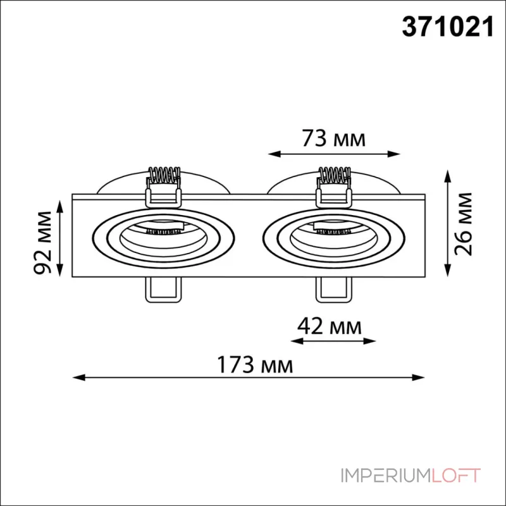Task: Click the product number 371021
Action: tap(448, 27)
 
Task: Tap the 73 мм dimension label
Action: tap(334, 139)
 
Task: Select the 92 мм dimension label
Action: tap(43, 243)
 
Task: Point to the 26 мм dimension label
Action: tap(463, 224)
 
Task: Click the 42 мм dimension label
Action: tap(329, 326)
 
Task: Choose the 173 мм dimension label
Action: tap(255, 365)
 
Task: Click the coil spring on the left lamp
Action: tap(164, 176)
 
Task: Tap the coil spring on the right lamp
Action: tap(334, 176)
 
